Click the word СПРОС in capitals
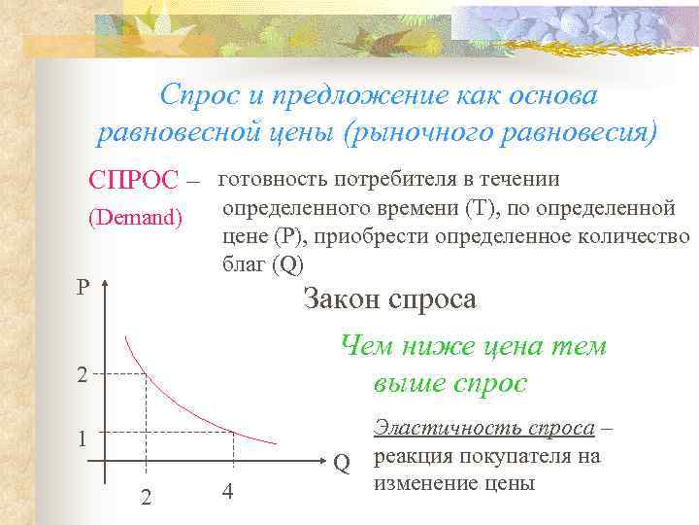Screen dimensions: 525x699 pyautogui.click(x=133, y=180)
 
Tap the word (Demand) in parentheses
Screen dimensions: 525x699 pyautogui.click(x=135, y=218)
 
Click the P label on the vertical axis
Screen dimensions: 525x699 pyautogui.click(x=84, y=288)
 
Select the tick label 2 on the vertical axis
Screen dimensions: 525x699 pyautogui.click(x=84, y=375)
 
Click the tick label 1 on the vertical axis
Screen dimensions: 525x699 pyautogui.click(x=84, y=438)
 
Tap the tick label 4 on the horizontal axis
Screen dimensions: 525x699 pyautogui.click(x=226, y=491)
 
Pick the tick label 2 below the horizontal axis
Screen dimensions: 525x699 pyautogui.click(x=146, y=496)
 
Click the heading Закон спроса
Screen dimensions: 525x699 pyautogui.click(x=389, y=297)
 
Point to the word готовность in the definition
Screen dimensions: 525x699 pyautogui.click(x=273, y=179)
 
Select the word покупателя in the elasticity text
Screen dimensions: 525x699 pyautogui.click(x=506, y=455)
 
